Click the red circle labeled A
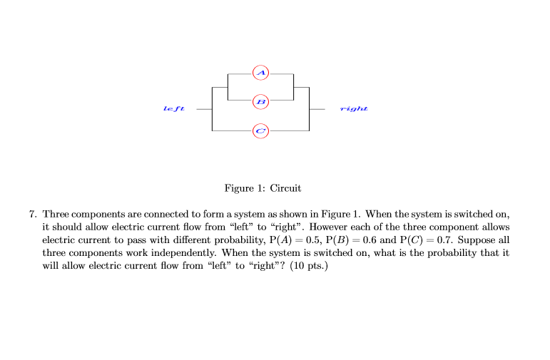[261, 73]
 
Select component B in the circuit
[261, 102]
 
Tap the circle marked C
[261, 131]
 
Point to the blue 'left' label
[173, 109]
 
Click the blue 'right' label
[354, 109]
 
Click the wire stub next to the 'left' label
[204, 110]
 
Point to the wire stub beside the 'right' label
[317, 110]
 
